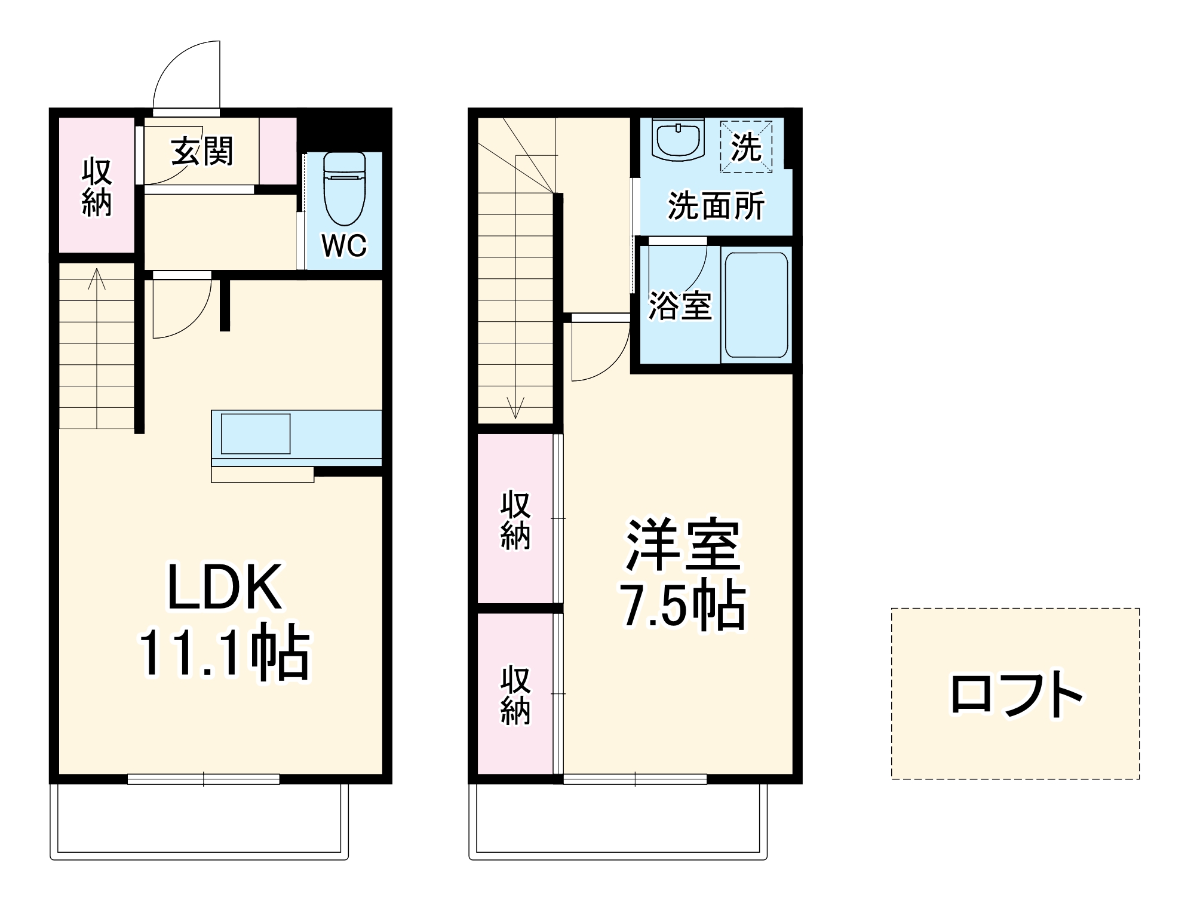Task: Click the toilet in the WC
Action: click(344, 188)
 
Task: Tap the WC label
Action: click(344, 245)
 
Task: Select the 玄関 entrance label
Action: click(202, 152)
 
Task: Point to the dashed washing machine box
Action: click(746, 147)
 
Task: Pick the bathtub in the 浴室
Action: click(756, 305)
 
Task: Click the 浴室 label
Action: click(680, 306)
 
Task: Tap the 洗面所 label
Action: click(716, 205)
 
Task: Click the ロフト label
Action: click(1015, 694)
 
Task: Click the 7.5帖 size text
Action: click(682, 605)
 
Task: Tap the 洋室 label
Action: click(682, 545)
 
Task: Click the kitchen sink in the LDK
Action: click(256, 434)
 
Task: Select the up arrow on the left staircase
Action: click(97, 279)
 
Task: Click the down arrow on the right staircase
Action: click(515, 407)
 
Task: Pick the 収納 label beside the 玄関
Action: click(97, 186)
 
